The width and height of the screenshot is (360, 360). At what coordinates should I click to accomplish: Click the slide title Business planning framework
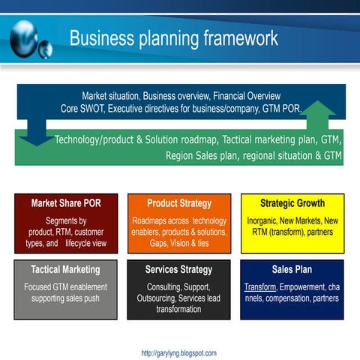[x=173, y=38]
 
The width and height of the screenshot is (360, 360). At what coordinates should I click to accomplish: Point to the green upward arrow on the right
[x=320, y=120]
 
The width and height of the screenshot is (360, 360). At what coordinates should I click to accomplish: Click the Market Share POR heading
[x=66, y=203]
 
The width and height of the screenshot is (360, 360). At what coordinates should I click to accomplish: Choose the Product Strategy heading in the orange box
[x=179, y=203]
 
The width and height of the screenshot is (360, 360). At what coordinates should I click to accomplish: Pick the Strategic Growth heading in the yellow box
[x=292, y=203]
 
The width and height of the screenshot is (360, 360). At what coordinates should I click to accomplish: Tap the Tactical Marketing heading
[x=66, y=269]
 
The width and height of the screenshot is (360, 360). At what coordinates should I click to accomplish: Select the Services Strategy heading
[x=179, y=269]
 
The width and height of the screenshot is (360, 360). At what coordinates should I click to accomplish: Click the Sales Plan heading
[x=292, y=269]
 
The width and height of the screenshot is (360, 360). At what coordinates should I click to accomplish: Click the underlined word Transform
[x=260, y=287]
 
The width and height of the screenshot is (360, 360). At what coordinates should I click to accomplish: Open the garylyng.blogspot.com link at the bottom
[x=178, y=352]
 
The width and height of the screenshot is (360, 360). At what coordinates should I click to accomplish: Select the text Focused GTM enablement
[x=66, y=287]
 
